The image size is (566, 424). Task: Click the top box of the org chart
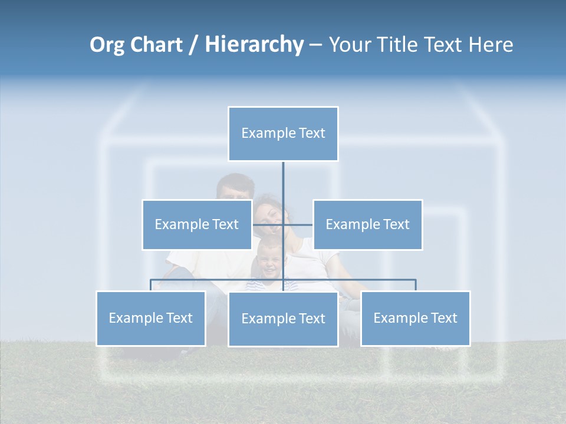point(283,134)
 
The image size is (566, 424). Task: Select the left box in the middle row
point(196,224)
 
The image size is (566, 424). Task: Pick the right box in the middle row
point(367,224)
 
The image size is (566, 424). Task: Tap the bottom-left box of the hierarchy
point(150,318)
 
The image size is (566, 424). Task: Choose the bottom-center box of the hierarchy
point(283,319)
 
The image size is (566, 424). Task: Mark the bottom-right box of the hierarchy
point(415,318)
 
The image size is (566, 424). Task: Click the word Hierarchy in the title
point(254,45)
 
